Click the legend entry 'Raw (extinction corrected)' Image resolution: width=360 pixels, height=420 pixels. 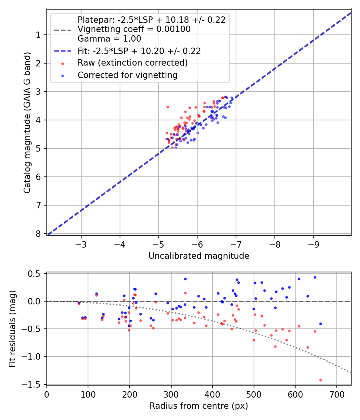tap(132, 63)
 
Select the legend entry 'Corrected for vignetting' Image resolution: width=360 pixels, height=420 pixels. tap(128, 75)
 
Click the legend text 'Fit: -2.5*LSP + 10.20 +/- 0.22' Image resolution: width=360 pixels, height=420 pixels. tap(139, 51)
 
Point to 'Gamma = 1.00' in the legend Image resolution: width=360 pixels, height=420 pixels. tap(109, 39)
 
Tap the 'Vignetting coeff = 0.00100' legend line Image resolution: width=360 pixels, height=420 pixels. tap(134, 29)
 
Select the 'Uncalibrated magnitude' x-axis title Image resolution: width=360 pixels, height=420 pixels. tap(199, 256)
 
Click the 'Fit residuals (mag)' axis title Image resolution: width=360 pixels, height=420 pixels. tap(12, 328)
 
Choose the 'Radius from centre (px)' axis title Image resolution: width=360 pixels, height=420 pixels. tap(199, 406)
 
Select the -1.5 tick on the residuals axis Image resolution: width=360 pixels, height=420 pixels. tap(34, 384)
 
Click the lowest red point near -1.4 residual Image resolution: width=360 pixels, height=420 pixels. tap(320, 380)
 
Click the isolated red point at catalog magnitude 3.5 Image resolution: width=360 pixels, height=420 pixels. tap(168, 107)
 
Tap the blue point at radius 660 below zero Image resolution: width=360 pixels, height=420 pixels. tap(320, 324)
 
